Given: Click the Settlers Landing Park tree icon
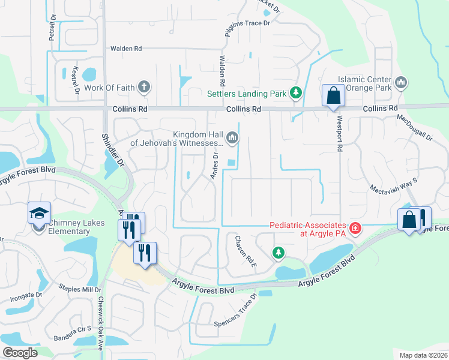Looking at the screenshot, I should [x=295, y=93].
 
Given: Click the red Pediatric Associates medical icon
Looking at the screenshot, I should [x=355, y=228].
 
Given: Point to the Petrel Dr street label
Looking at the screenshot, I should [x=53, y=28].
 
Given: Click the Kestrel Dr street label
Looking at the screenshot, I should [x=76, y=81].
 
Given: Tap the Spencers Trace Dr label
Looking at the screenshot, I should [x=236, y=313].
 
